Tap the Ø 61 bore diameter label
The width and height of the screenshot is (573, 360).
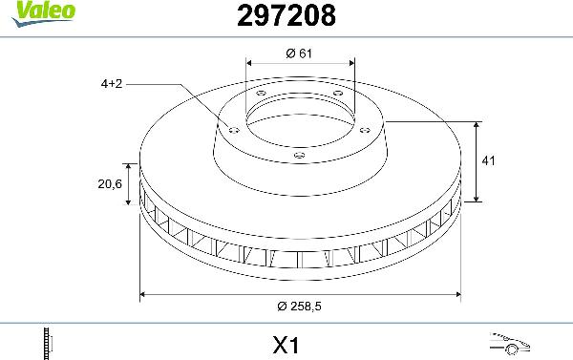(300, 53)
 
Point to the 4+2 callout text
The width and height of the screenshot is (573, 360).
(111, 84)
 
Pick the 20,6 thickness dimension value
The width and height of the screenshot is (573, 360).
(110, 184)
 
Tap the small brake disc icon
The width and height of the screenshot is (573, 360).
(47, 341)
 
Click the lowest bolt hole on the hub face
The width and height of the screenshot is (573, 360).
(299, 155)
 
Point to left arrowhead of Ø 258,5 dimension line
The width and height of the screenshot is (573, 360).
(144, 294)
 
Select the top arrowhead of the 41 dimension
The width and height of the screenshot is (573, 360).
(477, 125)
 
